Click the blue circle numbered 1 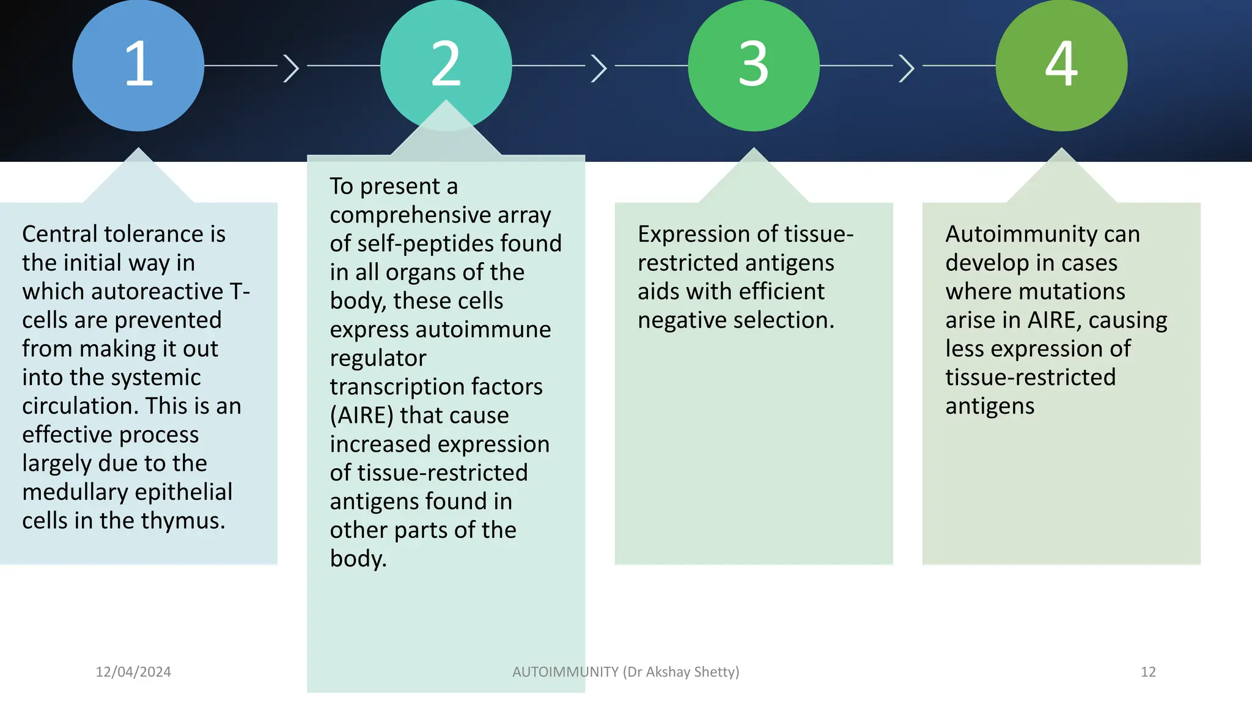138,65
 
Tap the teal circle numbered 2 446,61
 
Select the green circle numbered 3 753,65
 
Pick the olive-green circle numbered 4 1061,65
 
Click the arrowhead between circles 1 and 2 292,67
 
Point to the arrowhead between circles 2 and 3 599,67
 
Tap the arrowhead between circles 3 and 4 907,67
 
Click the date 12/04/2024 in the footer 133,672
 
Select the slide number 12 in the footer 1148,672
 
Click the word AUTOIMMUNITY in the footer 565,672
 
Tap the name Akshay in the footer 668,672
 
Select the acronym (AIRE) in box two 361,416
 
